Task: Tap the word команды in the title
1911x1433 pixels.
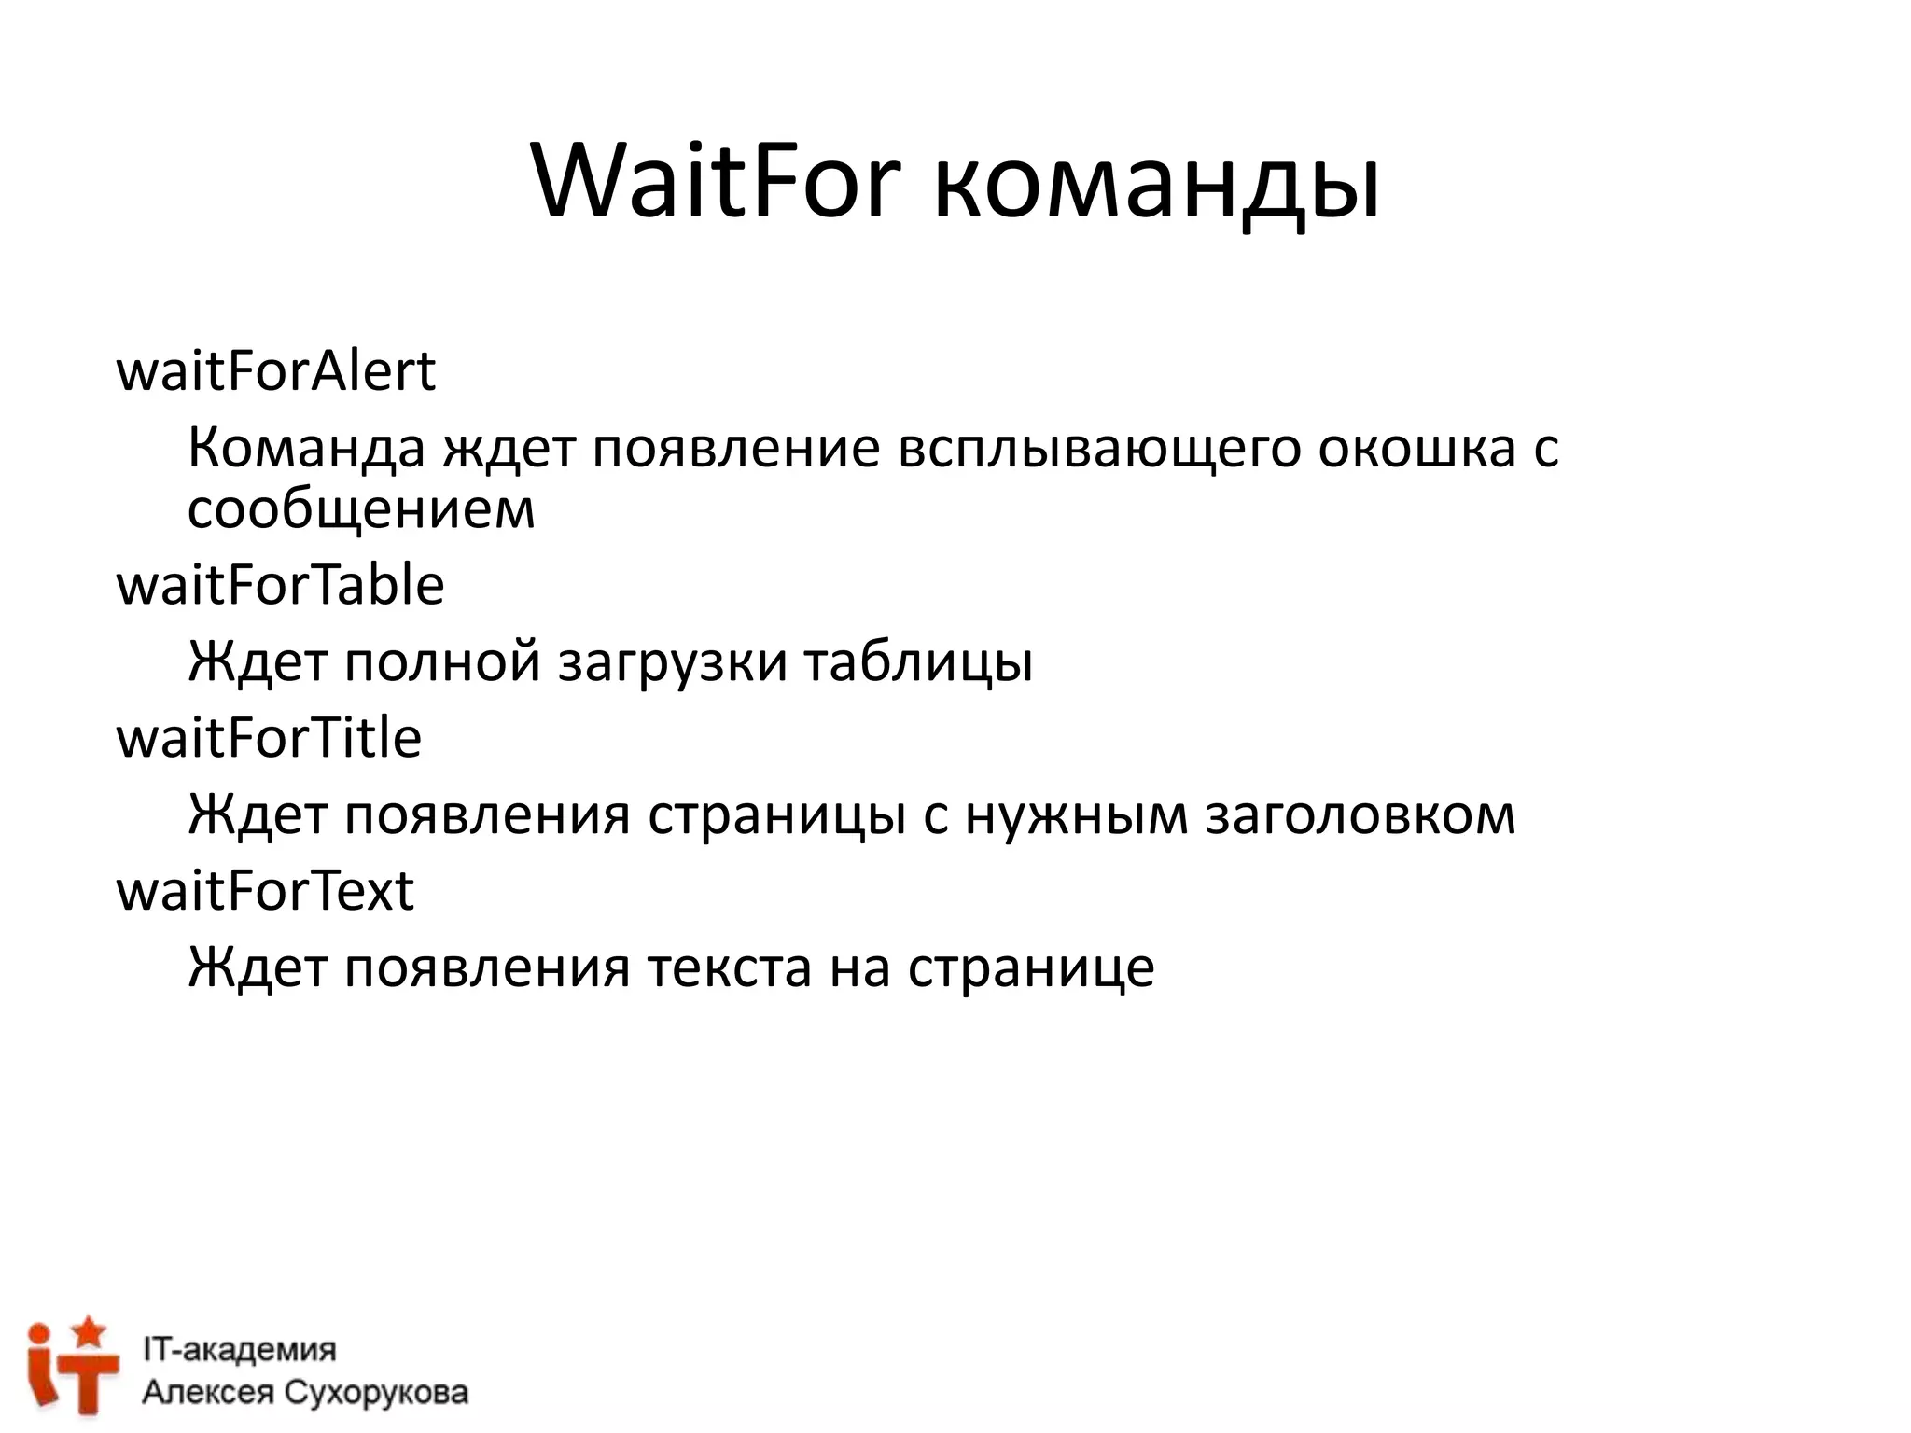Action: [x=1156, y=187]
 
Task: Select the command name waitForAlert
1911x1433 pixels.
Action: [x=275, y=371]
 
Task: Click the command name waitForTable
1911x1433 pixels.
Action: [x=280, y=586]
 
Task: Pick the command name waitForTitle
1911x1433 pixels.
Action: [x=269, y=738]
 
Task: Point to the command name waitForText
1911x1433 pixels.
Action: [x=265, y=891]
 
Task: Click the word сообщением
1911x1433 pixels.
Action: [x=362, y=511]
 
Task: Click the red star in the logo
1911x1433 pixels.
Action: [x=90, y=1330]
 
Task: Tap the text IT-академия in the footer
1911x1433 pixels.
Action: [x=239, y=1350]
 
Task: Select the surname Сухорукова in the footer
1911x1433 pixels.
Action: [x=376, y=1393]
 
